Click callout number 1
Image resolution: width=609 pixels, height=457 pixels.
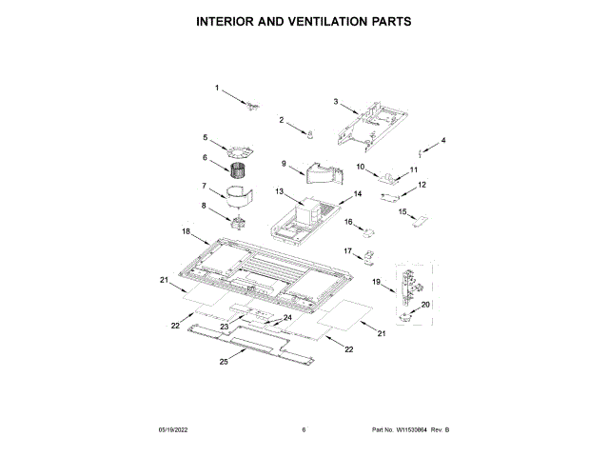(x=216, y=88)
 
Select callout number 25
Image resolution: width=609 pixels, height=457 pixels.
(x=224, y=362)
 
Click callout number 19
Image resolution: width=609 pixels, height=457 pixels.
(x=377, y=282)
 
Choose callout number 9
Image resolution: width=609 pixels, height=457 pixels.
(x=284, y=163)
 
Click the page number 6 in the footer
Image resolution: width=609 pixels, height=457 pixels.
(x=304, y=430)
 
